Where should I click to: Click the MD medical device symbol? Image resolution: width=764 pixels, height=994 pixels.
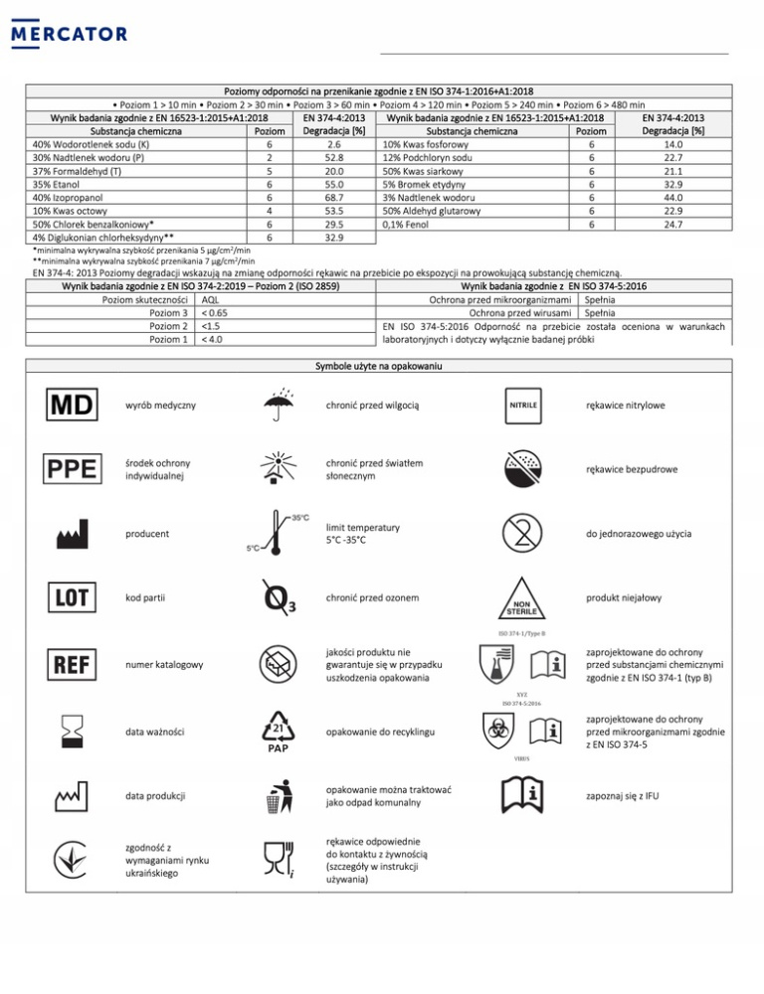[69, 406]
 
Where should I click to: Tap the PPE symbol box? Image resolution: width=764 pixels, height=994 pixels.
[69, 469]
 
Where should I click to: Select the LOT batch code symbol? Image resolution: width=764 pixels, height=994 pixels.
[69, 598]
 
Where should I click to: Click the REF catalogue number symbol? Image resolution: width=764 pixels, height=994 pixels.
[69, 662]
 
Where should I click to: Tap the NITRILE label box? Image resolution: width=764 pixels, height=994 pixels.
[523, 406]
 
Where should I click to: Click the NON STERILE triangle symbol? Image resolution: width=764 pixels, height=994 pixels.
[523, 600]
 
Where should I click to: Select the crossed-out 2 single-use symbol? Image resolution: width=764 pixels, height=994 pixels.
[523, 535]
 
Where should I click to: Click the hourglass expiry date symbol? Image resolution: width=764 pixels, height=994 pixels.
[69, 732]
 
